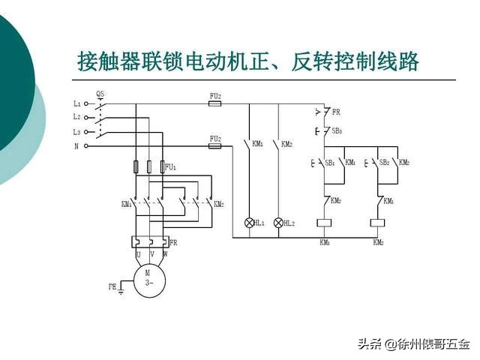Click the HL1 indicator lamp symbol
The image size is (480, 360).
pos(250,223)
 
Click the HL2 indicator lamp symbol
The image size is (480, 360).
pos(278,223)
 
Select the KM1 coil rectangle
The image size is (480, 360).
pos(325,223)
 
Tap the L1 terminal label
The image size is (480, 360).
pos(76,103)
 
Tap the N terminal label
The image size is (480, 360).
pos(76,146)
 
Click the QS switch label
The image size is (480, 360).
pos(100,94)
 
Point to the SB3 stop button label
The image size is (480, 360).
pos(337,130)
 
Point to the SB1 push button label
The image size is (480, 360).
pos(329,162)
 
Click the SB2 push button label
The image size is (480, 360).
pos(383,162)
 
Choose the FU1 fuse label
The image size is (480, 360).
pos(171,166)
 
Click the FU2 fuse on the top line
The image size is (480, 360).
pos(214,104)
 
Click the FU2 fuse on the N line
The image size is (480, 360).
pos(214,147)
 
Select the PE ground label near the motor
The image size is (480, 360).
pos(112,286)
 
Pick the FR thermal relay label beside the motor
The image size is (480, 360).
pos(173,243)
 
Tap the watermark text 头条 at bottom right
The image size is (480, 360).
pos(370,344)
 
